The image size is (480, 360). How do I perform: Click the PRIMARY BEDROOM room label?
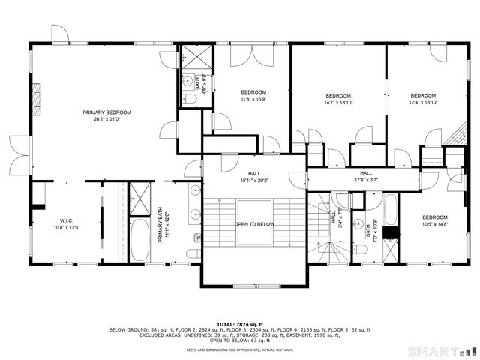[107, 112]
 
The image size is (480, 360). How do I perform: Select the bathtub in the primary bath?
[140, 239]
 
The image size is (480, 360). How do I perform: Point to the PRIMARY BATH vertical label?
[160, 225]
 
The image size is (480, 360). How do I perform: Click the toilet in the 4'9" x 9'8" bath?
[190, 98]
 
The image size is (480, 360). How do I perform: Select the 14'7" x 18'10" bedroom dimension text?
[338, 103]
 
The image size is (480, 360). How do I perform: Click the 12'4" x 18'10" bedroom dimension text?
[423, 103]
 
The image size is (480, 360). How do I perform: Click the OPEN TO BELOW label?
[253, 224]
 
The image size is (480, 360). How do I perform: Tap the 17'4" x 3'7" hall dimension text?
[365, 180]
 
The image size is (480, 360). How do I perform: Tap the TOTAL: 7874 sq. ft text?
[239, 323]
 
